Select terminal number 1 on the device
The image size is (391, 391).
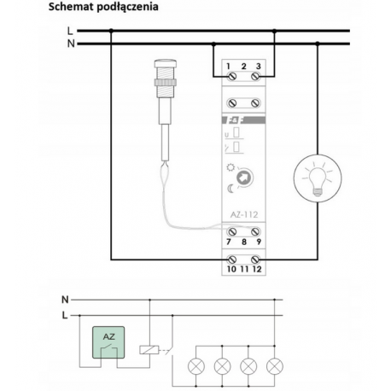pyautogui.click(x=230, y=67)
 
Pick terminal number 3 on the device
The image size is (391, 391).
pyautogui.click(x=259, y=67)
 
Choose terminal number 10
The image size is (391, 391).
pyautogui.click(x=230, y=269)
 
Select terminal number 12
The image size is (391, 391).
pyautogui.click(x=259, y=269)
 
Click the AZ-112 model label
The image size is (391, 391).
pyautogui.click(x=244, y=215)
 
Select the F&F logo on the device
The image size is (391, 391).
pyautogui.click(x=235, y=120)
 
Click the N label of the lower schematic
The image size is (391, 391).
pyautogui.click(x=64, y=299)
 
